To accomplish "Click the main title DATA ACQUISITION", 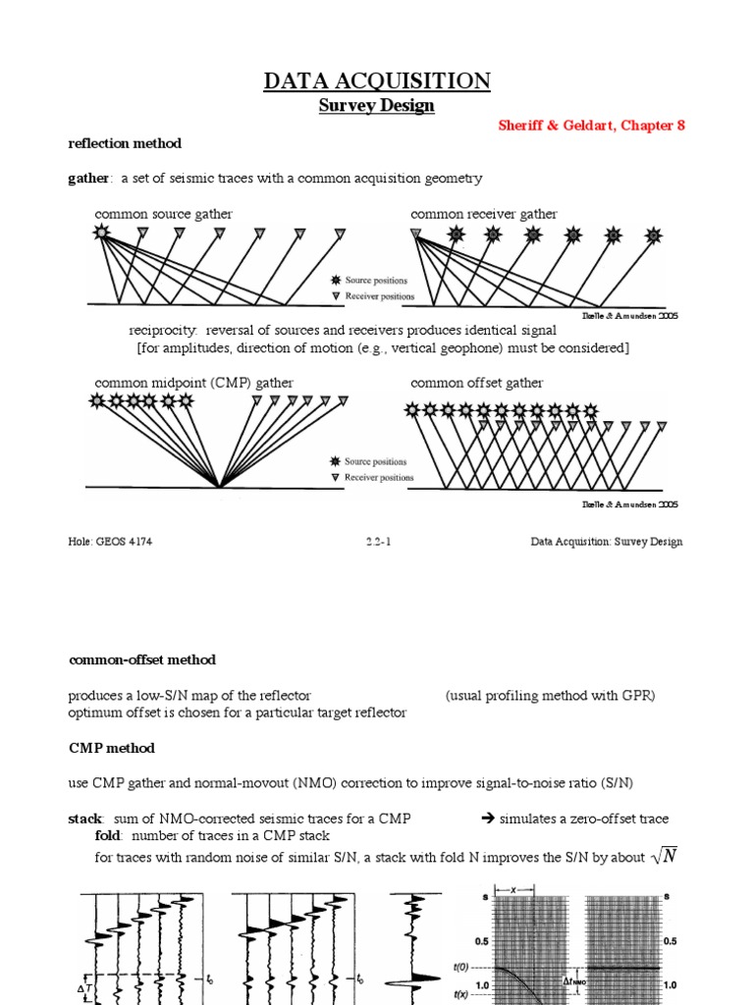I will [377, 80].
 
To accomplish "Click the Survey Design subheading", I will [377, 106].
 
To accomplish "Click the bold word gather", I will [86, 178].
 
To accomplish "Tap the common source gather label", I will [163, 214].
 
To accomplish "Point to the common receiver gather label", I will [483, 214].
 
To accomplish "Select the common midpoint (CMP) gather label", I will [193, 383].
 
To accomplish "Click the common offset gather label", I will [476, 383].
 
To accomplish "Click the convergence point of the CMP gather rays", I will [219, 486].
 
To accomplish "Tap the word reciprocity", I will [162, 331].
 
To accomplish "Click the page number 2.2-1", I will [377, 541].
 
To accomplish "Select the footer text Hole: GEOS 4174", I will [110, 541].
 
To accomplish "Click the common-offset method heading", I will [141, 660].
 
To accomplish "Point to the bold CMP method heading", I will [111, 748].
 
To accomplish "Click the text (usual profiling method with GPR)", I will [550, 696].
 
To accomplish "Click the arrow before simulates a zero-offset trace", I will [487, 819].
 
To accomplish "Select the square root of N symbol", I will [665, 857].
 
